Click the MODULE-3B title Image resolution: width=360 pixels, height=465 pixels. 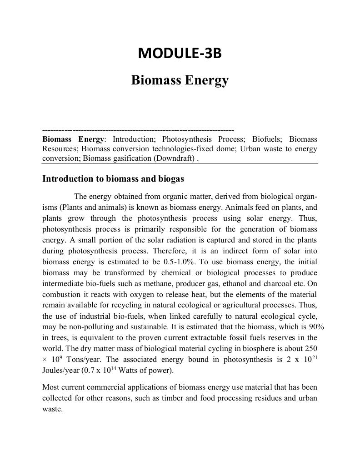(x=180, y=53)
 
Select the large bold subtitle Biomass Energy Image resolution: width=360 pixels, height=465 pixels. (x=180, y=80)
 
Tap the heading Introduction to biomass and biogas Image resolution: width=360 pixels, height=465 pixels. (x=113, y=178)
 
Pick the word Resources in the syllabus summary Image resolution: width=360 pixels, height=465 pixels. (x=60, y=148)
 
